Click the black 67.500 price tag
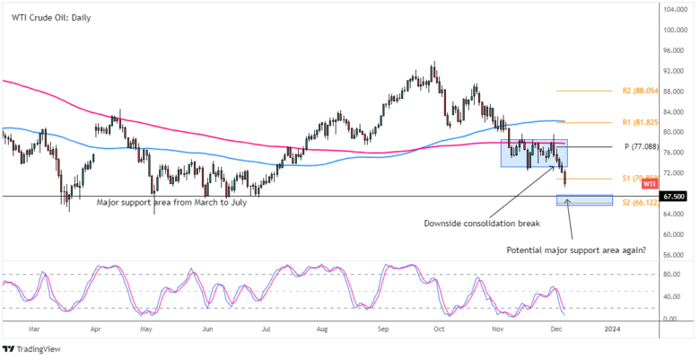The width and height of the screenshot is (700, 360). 675,196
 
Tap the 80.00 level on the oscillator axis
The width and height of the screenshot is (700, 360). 672,275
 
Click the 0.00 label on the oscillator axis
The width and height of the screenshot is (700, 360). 670,319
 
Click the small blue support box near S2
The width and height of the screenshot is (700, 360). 584,199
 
